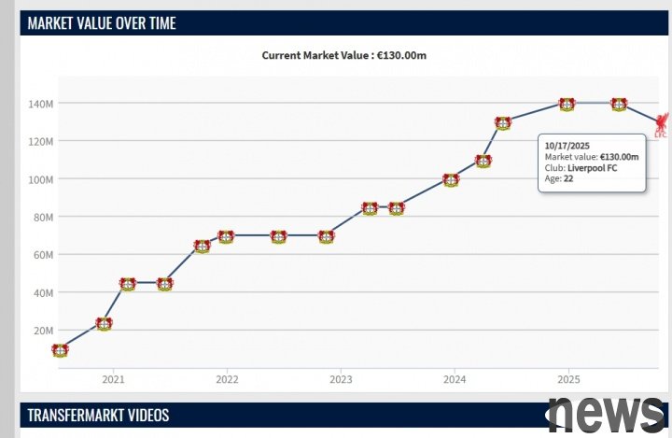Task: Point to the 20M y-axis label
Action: [x=44, y=331]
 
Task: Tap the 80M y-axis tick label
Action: [x=44, y=217]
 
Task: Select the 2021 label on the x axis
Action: [x=113, y=379]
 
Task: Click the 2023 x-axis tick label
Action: [x=341, y=379]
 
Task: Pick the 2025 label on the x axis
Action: [x=568, y=379]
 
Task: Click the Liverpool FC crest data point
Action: [x=662, y=123]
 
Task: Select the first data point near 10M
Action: [x=60, y=350]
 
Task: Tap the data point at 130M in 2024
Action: [x=503, y=123]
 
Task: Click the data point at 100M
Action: [x=451, y=180]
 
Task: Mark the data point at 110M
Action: [x=483, y=162]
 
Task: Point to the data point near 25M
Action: [x=104, y=324]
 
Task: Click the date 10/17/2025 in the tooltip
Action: [x=567, y=146]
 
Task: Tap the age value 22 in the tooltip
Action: [x=568, y=178]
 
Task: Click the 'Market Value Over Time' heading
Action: [x=102, y=23]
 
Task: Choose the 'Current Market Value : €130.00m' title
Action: [x=344, y=55]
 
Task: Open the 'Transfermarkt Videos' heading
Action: [x=98, y=415]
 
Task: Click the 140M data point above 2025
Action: [x=567, y=105]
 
